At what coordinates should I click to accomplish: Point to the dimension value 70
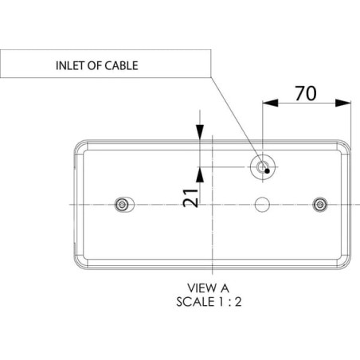(x=306, y=93)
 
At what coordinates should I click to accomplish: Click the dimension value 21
(x=191, y=198)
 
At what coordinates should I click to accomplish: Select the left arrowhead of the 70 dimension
(x=270, y=103)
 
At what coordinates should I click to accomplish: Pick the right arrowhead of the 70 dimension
(x=343, y=103)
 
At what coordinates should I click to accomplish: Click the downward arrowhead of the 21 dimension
(x=200, y=131)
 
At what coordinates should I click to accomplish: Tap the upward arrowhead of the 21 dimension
(x=200, y=174)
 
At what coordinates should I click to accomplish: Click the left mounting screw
(x=122, y=205)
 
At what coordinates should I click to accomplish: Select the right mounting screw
(x=320, y=205)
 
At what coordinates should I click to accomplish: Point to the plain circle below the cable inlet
(x=262, y=205)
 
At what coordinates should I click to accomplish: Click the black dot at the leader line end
(x=268, y=171)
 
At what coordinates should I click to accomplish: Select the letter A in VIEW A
(x=224, y=288)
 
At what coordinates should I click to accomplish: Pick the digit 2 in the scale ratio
(x=238, y=302)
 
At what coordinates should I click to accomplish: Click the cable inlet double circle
(x=262, y=167)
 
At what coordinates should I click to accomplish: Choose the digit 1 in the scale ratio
(x=220, y=302)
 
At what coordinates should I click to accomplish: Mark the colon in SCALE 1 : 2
(x=229, y=303)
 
